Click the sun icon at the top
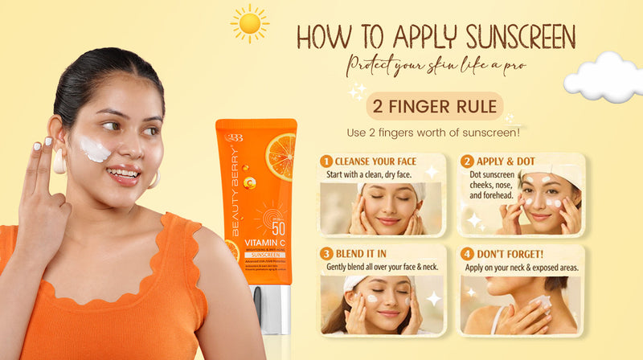(x=250, y=23)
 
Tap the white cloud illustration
(x=604, y=76)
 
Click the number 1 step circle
(x=327, y=162)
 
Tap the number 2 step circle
(x=466, y=162)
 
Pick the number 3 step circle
(x=327, y=253)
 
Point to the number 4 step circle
(x=466, y=253)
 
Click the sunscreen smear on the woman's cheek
(x=95, y=149)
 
